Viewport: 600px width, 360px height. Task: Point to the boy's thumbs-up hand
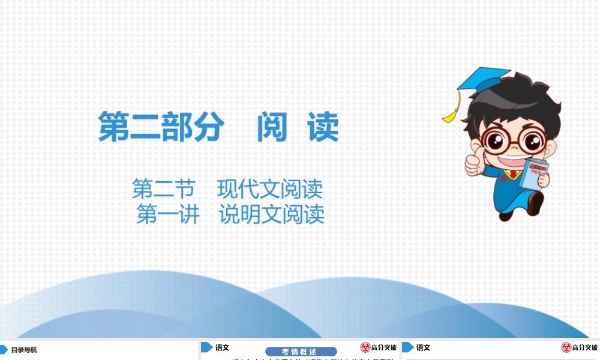tap(473, 162)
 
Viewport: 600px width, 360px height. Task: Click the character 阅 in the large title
tap(272, 127)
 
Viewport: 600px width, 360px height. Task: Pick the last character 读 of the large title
tap(323, 127)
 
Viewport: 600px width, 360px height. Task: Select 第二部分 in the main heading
tap(161, 127)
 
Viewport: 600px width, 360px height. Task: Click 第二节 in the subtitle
tap(163, 190)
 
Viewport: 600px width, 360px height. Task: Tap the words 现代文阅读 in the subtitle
tap(270, 190)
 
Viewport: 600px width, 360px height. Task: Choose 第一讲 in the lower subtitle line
tap(167, 214)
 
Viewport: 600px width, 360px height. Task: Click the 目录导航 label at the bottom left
tap(24, 350)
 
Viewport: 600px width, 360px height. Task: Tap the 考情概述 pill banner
tap(300, 352)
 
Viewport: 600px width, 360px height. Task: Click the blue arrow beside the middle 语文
tap(206, 347)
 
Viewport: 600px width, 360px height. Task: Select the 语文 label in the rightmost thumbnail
tap(423, 347)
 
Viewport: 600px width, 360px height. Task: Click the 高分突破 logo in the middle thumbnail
tap(379, 347)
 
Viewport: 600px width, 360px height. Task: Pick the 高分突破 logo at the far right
tap(579, 347)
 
